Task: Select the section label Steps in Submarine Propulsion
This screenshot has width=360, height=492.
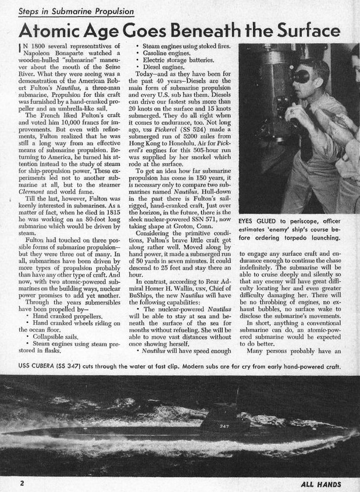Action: (x=76, y=11)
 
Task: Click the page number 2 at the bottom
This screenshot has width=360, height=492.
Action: (x=22, y=483)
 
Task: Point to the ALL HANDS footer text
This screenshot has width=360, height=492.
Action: (x=321, y=483)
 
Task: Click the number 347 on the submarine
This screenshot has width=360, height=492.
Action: (x=224, y=426)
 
